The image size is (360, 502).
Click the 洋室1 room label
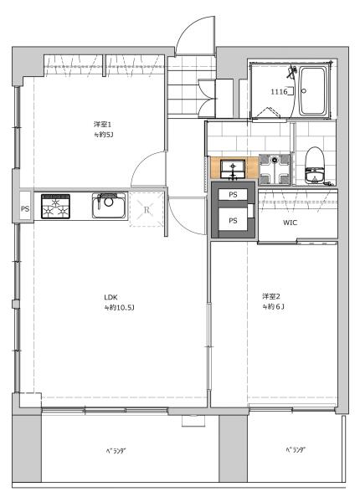100,124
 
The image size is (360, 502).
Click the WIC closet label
290,223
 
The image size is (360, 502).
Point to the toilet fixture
314,166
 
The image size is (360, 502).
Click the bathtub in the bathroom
313,91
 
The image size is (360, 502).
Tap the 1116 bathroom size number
279,92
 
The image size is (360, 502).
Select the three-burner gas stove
56,206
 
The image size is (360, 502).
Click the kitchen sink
109,205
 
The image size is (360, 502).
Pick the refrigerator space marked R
147,210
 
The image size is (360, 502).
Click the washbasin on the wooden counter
233,169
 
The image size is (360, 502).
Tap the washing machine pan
275,170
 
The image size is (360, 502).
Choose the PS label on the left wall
25,209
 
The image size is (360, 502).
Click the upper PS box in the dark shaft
233,194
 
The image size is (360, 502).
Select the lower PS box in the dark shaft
233,221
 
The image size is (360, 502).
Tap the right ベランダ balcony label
296,450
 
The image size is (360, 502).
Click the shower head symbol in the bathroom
292,71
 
